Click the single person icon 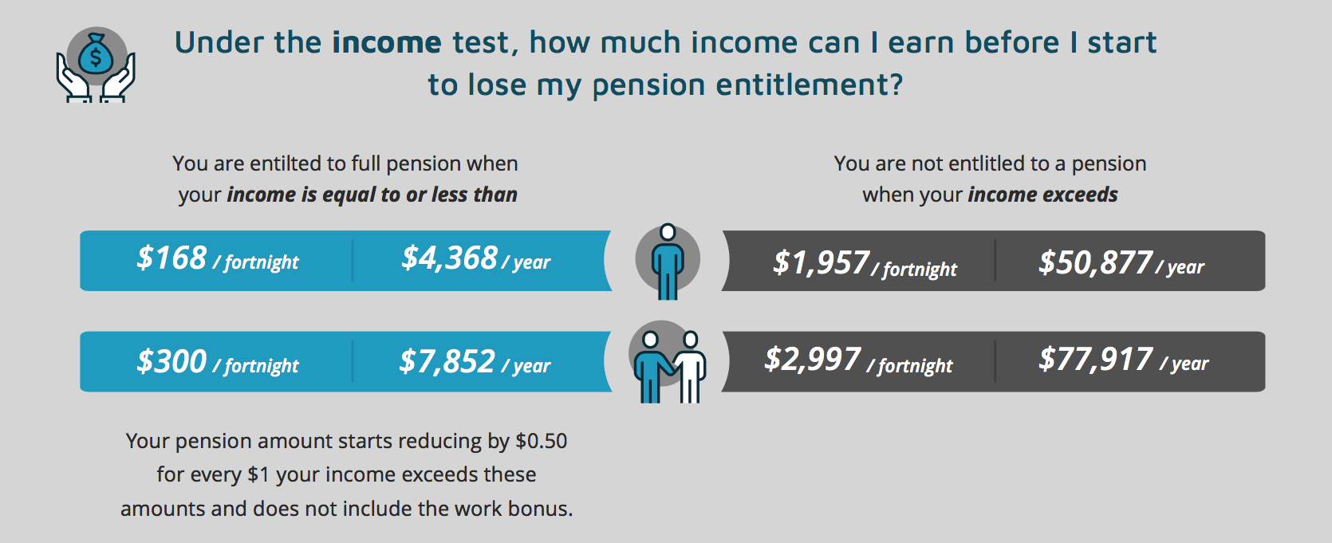(x=668, y=262)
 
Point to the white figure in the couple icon (x=691, y=368)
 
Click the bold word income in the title (x=387, y=42)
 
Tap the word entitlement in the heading (x=810, y=85)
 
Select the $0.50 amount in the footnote (x=541, y=441)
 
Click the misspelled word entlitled (x=999, y=163)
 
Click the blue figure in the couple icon (x=652, y=368)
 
